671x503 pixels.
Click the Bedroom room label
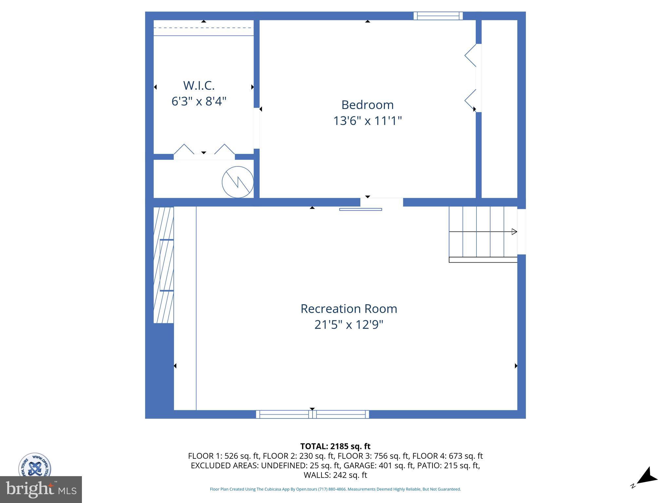(367, 105)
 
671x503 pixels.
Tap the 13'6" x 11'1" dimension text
(367, 121)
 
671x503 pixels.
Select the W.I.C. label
(199, 85)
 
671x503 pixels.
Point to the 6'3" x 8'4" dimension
(199, 101)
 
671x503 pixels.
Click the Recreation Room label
(349, 309)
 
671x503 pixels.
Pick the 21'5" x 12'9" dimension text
(349, 325)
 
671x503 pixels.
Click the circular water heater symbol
(238, 182)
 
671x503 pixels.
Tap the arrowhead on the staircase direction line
(514, 232)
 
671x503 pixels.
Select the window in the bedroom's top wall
(438, 16)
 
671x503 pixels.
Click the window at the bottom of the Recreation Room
(312, 414)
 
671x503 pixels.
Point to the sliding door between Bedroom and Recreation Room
(360, 209)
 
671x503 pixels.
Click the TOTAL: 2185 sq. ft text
(335, 446)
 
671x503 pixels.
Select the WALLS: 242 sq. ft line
(335, 475)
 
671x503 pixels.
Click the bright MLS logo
(41, 489)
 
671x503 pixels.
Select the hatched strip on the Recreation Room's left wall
(163, 265)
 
